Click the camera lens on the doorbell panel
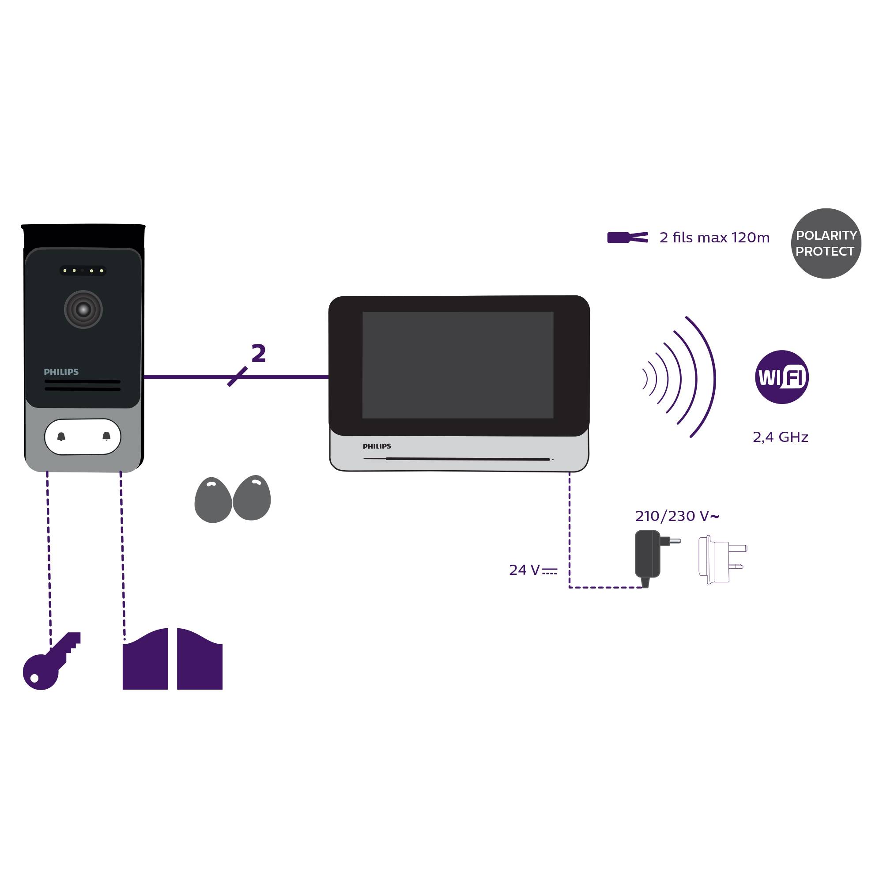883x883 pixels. (x=83, y=309)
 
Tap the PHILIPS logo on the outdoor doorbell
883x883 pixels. (x=61, y=372)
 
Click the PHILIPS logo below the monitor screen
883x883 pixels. (x=377, y=446)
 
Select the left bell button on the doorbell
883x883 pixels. (x=61, y=437)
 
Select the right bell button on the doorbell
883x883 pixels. (x=106, y=436)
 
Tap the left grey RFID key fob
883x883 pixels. (x=213, y=500)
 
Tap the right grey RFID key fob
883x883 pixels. (x=252, y=498)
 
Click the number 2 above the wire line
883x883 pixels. (x=259, y=353)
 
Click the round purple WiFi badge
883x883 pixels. (x=781, y=377)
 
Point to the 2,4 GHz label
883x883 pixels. (x=780, y=438)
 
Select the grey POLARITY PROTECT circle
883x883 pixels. (x=826, y=243)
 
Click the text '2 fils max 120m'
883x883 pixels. (x=714, y=238)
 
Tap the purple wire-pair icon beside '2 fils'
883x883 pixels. (x=627, y=238)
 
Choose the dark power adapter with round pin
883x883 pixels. (x=649, y=555)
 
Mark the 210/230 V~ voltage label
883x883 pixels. (x=677, y=516)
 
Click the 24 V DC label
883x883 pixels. (x=532, y=570)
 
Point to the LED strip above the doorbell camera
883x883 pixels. (x=83, y=271)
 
